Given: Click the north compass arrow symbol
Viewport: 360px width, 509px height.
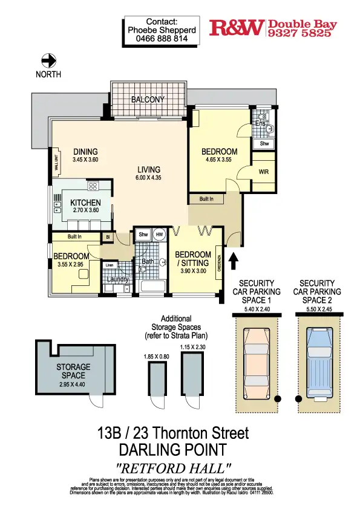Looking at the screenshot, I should tap(48, 60).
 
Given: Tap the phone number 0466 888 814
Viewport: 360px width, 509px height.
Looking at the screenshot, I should tap(162, 38).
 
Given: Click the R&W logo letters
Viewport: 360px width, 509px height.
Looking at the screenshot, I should tap(237, 27).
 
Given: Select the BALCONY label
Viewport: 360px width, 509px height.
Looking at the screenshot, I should tap(148, 99).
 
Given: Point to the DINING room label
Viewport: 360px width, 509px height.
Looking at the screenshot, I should tap(85, 152).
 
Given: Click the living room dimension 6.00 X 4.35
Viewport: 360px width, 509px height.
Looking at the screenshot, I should tap(148, 178).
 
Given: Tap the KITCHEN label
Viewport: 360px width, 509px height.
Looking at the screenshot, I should tap(85, 203).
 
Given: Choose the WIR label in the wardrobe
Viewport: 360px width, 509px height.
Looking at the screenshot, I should tap(263, 171).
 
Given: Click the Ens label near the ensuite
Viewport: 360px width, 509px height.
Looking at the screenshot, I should tap(260, 123).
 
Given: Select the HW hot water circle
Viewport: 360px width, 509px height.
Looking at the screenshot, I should tap(159, 235).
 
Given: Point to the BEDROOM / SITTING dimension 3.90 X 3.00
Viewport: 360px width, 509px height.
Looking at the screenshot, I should tap(193, 272).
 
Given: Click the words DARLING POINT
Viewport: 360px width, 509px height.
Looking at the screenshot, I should tap(173, 450).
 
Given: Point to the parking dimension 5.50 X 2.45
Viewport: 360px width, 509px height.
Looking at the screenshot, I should tap(317, 308).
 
